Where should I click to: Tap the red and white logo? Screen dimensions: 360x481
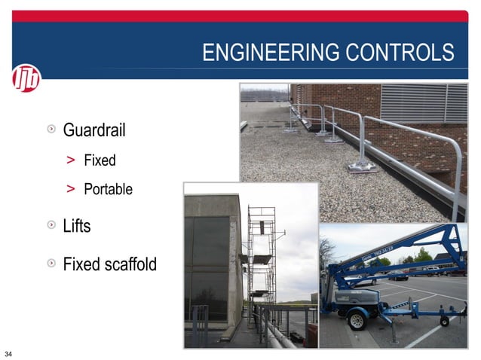(x=26, y=78)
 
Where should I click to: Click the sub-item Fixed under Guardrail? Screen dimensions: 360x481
(x=100, y=160)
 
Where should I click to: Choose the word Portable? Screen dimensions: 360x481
(x=108, y=189)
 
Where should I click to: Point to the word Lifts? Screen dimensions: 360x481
(x=77, y=225)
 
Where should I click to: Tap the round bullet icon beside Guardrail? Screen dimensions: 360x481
(x=51, y=130)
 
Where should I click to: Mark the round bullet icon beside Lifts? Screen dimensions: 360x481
(x=51, y=225)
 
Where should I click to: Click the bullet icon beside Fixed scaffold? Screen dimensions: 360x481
(x=51, y=264)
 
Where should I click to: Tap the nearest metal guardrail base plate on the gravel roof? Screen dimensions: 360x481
(x=361, y=166)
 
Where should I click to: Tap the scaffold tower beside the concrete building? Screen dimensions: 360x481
(x=261, y=256)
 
